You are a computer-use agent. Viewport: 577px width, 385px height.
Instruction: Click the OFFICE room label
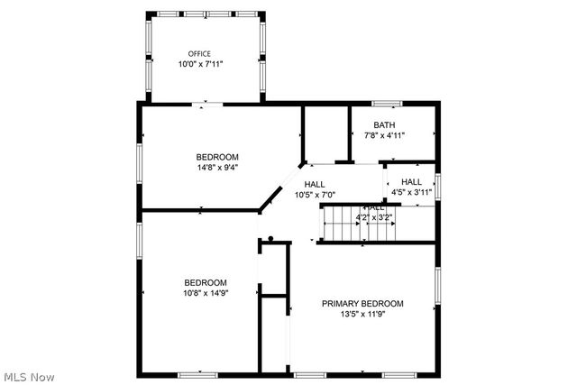pos(199,54)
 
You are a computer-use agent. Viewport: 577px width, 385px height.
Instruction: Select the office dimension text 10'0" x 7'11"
pos(199,65)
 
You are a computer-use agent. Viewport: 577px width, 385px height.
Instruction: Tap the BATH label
pos(384,125)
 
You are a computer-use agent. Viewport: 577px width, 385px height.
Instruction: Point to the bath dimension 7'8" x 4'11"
pos(384,136)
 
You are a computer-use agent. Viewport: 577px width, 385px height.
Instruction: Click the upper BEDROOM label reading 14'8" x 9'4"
pos(218,156)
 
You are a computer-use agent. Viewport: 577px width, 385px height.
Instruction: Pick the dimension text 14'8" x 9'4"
pos(218,167)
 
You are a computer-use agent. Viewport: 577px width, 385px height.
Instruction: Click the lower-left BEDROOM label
pos(206,282)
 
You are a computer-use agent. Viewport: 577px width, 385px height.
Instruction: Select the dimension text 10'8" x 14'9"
pos(206,293)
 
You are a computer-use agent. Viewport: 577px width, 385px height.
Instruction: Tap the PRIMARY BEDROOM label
pos(362,304)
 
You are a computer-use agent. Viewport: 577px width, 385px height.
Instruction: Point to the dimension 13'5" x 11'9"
pos(362,316)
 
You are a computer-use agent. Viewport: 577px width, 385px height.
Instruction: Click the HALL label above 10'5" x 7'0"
pos(315,184)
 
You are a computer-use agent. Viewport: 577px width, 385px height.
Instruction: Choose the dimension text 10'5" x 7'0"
pos(315,195)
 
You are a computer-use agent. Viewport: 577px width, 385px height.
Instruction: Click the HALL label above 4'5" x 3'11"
pos(411,181)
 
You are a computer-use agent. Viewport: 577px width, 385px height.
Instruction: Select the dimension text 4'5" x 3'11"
pos(411,192)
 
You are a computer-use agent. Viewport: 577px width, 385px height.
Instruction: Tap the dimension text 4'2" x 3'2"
pos(374,217)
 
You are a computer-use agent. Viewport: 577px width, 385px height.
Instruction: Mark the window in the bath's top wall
pos(387,103)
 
